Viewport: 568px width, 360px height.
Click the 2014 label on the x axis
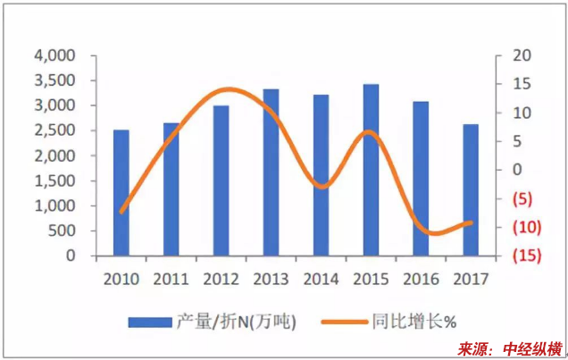pyautogui.click(x=321, y=279)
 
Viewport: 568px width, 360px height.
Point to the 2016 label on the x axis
pyautogui.click(x=421, y=279)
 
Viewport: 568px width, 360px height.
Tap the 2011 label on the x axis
pyautogui.click(x=171, y=279)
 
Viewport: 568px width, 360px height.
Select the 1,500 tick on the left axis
pyautogui.click(x=57, y=180)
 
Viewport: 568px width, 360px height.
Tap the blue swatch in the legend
pyautogui.click(x=152, y=321)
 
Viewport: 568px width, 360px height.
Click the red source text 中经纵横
pyautogui.click(x=532, y=348)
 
